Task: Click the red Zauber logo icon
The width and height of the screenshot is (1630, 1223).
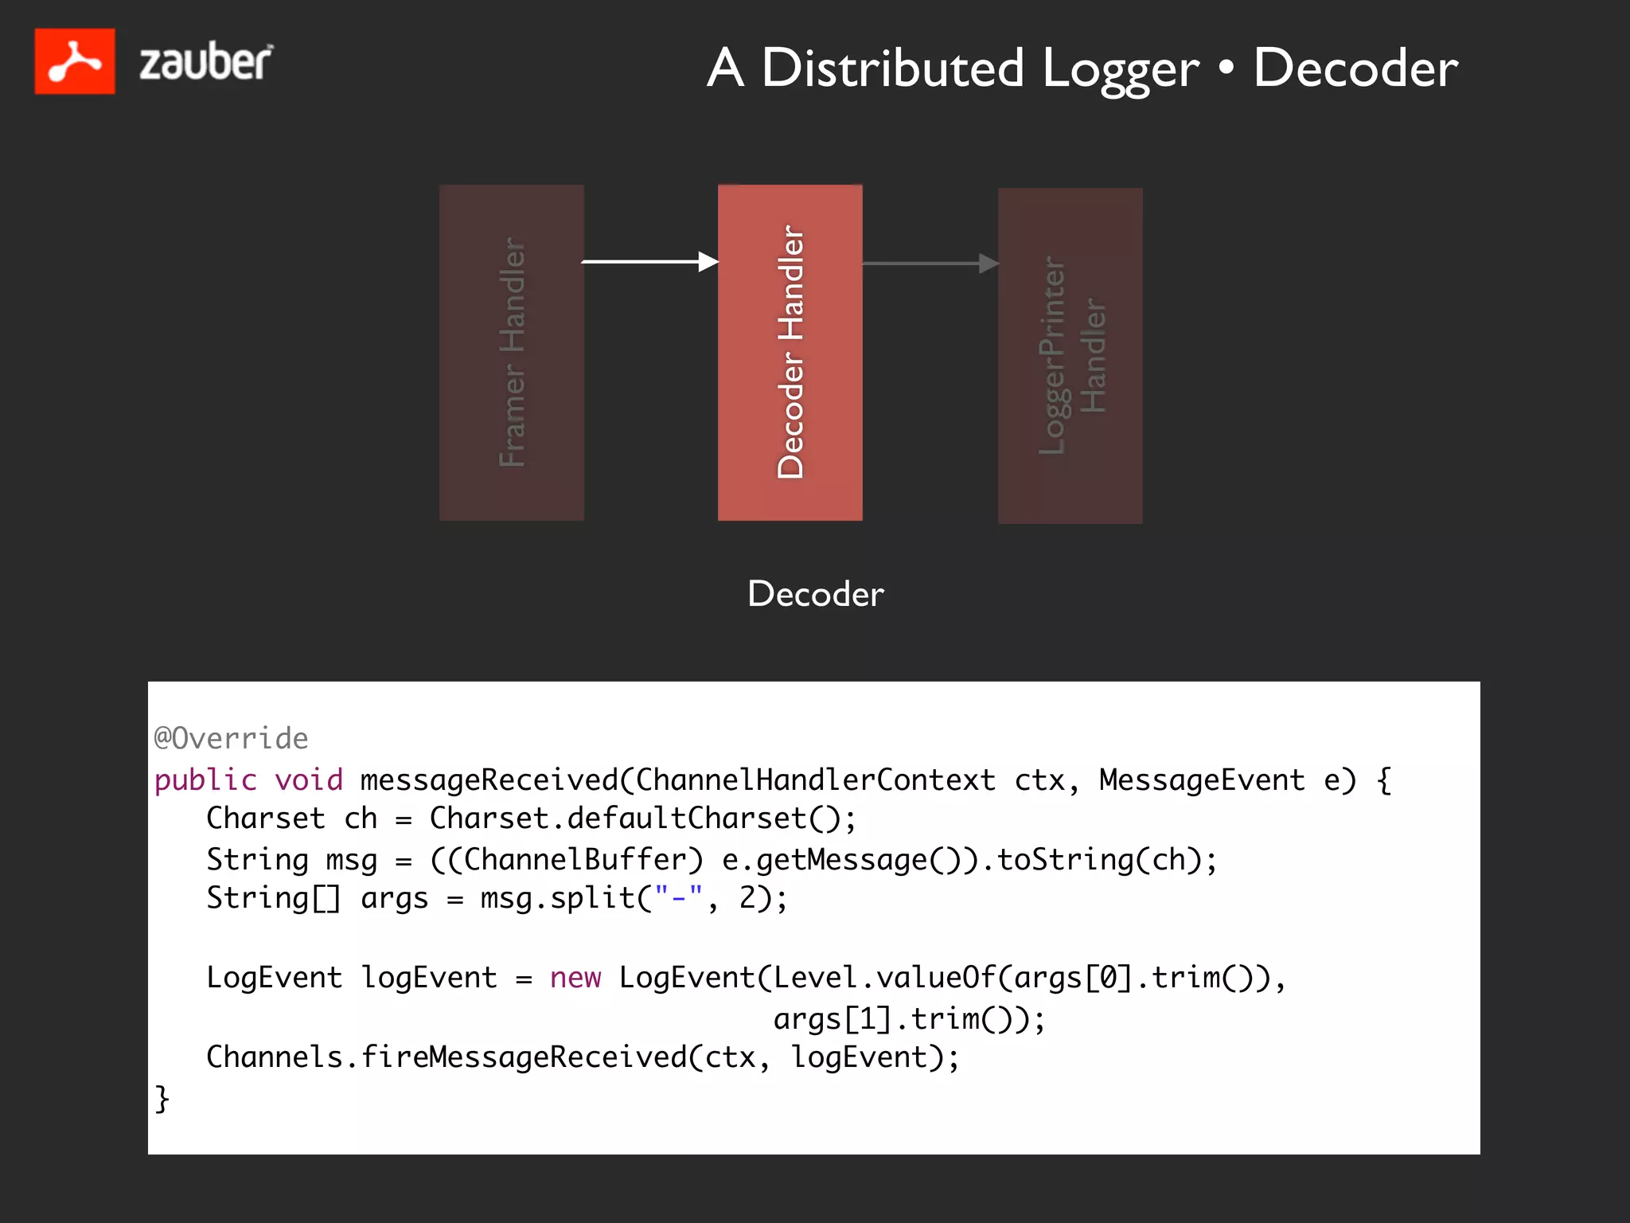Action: tap(75, 61)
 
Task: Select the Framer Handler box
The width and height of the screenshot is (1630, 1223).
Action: tap(512, 353)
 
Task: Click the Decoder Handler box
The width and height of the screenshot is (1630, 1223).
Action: tap(790, 353)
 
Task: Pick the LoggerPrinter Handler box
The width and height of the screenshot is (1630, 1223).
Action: tap(1070, 356)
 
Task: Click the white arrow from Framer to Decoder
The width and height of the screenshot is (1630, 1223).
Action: tap(649, 261)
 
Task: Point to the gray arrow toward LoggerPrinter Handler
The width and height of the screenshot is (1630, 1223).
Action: tap(930, 264)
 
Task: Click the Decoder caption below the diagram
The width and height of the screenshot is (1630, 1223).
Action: tap(816, 594)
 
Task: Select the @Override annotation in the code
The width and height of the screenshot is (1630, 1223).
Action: tap(231, 738)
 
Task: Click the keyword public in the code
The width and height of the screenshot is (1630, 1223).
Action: tap(205, 780)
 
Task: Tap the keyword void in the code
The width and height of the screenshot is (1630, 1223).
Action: tap(309, 780)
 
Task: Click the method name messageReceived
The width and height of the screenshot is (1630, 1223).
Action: tap(489, 780)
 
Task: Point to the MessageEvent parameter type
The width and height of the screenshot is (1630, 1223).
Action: tap(1202, 780)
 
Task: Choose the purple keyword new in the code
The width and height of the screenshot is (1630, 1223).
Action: tap(575, 978)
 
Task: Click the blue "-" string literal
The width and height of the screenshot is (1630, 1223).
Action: tap(678, 898)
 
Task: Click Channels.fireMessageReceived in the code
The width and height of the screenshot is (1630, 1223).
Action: tap(446, 1057)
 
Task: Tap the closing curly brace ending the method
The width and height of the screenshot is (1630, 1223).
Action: tap(162, 1098)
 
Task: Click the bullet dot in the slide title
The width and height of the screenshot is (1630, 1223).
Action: tap(1226, 69)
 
